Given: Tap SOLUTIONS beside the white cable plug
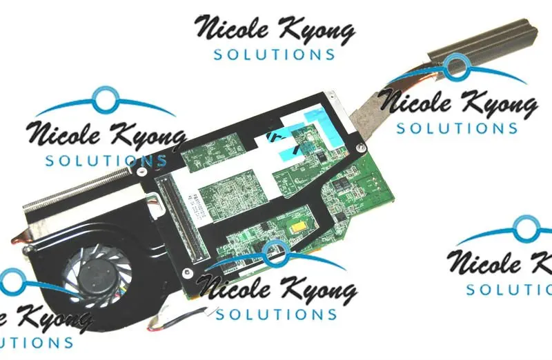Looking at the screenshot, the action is click(x=275, y=314).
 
